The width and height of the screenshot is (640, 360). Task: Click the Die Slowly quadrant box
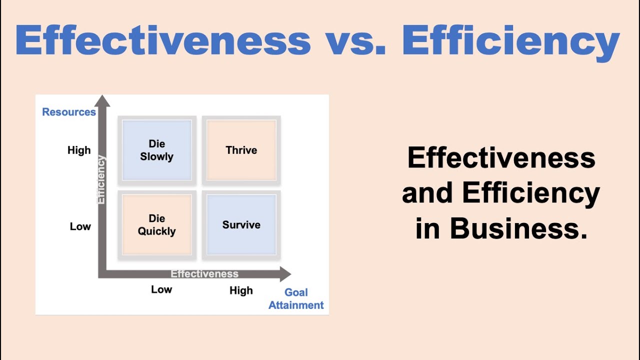tap(156, 150)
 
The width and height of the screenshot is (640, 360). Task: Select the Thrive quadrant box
tap(241, 150)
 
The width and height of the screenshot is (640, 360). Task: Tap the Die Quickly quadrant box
tap(156, 225)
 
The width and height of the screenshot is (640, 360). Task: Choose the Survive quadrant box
tap(241, 225)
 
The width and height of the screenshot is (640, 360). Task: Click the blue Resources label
tap(69, 112)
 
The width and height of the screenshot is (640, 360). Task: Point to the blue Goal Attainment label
tap(296, 299)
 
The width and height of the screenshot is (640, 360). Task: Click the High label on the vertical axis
tap(79, 150)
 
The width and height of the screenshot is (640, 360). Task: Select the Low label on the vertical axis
tap(80, 226)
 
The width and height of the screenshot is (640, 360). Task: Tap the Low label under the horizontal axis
tap(161, 289)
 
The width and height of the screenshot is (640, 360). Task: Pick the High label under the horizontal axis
tap(241, 290)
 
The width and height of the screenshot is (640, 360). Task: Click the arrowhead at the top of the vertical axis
tap(102, 100)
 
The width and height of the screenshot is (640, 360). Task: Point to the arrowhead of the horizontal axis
tap(284, 273)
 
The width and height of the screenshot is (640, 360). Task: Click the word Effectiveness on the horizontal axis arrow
tap(204, 273)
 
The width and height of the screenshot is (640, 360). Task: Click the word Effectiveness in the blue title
tap(162, 40)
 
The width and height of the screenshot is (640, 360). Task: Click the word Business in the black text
tap(518, 229)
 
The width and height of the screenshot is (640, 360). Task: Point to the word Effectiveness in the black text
tap(501, 158)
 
